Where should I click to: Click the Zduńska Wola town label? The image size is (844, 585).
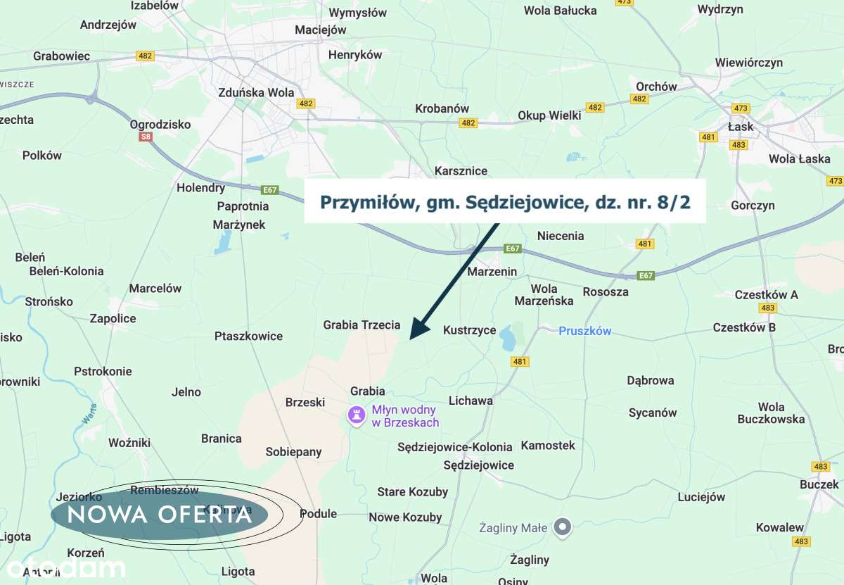[x=256, y=92]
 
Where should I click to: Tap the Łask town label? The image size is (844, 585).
[x=741, y=127]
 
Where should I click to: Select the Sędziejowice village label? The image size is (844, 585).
[x=478, y=465]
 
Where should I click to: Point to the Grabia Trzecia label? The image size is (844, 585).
[x=362, y=325]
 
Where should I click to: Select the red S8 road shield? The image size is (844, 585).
[x=146, y=137]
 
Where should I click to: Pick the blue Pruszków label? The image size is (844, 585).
[x=585, y=331]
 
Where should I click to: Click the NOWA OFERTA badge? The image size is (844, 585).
[x=160, y=515]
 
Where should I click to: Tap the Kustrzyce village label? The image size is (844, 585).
[x=469, y=330]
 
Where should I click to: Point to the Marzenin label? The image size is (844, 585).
[x=492, y=272]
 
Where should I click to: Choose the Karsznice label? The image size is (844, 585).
[x=461, y=171]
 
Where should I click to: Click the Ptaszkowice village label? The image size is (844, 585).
[x=248, y=336]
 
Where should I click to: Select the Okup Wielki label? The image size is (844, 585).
[x=549, y=115]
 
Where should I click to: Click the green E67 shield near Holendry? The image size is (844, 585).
[x=269, y=190]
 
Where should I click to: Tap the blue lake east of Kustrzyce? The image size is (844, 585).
[x=507, y=341]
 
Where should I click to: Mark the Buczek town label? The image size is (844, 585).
[x=819, y=484]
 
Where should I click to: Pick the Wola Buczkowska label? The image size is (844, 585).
[x=771, y=413]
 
